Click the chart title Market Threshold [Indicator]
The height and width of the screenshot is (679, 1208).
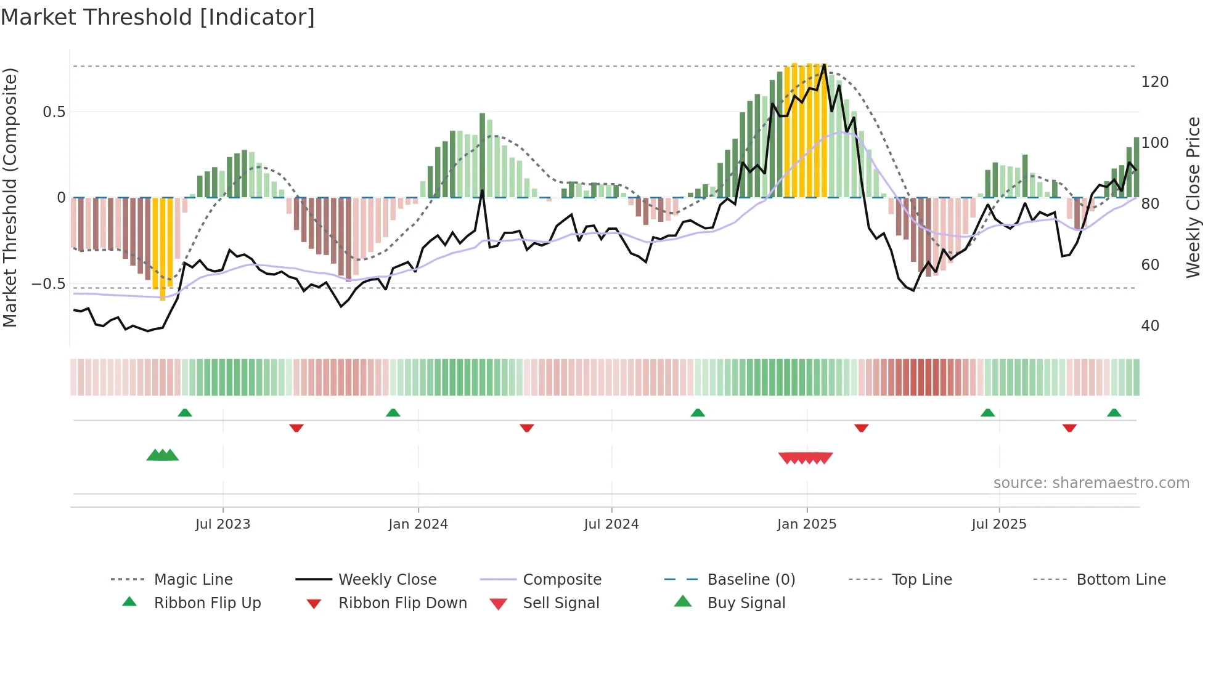point(158,17)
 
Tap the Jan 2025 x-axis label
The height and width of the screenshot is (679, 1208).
point(806,524)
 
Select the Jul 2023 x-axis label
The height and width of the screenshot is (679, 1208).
point(222,524)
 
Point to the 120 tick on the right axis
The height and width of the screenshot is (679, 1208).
point(1154,82)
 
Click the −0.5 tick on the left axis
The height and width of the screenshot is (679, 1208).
point(48,284)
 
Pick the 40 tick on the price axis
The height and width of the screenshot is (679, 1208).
point(1150,326)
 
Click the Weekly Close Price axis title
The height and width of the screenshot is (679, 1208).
point(1193,197)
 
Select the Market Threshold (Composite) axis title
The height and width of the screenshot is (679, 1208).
point(10,197)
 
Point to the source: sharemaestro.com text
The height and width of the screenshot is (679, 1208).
point(1091,483)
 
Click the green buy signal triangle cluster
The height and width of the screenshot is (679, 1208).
point(163,455)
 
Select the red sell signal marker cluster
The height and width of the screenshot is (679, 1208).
point(806,458)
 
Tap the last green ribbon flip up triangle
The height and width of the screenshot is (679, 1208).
point(1114,413)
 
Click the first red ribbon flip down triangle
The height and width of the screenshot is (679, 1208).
point(296,428)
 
